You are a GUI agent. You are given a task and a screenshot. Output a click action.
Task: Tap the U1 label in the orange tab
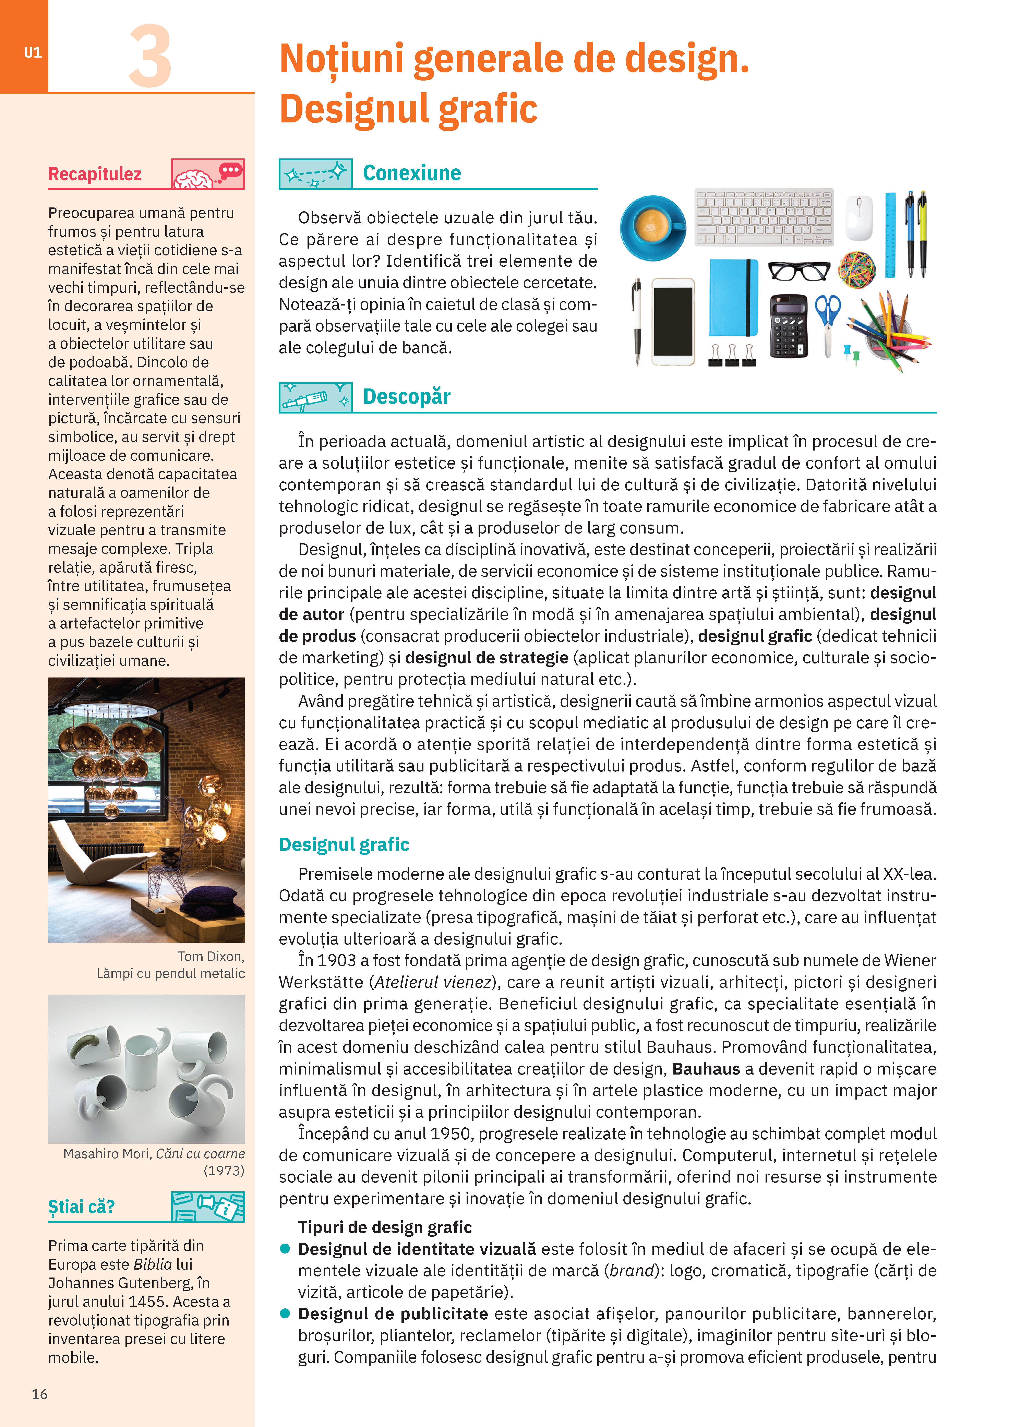[x=33, y=53]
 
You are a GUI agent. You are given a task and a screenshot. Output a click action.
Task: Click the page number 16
[x=40, y=1394]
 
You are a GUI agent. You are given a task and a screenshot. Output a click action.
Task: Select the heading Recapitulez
[x=95, y=174]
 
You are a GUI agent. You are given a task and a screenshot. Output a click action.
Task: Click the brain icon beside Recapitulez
[x=194, y=178]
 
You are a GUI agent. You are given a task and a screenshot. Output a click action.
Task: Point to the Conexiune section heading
[x=412, y=173]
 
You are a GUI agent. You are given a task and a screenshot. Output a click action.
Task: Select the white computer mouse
[x=859, y=218]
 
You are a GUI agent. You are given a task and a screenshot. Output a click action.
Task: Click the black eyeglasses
[x=799, y=270]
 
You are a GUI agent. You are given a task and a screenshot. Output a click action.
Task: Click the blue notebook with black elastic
[x=734, y=298]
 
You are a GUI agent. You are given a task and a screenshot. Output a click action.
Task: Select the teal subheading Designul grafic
[x=344, y=845]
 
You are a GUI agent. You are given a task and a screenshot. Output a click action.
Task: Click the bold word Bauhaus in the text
[x=706, y=1069]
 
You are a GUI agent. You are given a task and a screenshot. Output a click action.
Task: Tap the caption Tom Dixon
[x=211, y=957]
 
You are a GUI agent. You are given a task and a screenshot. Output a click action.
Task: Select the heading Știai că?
[x=81, y=1207]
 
